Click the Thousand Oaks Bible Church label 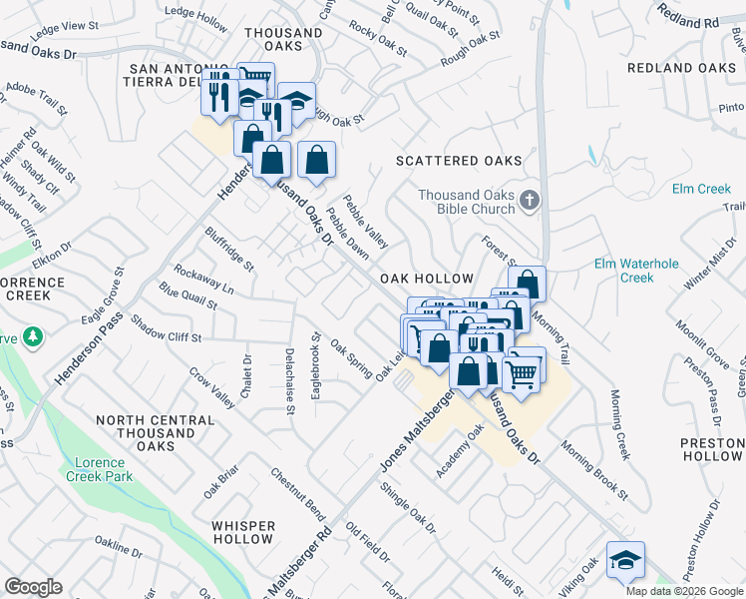[x=467, y=202]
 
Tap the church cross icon [x=530, y=202]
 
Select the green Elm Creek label [x=701, y=189]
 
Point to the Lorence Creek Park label [x=100, y=469]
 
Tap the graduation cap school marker [x=625, y=559]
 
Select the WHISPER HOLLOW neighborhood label [x=243, y=532]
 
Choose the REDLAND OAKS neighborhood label [x=681, y=68]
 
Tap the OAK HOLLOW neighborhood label [x=423, y=281]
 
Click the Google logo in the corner [x=34, y=587]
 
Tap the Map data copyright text [x=683, y=591]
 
